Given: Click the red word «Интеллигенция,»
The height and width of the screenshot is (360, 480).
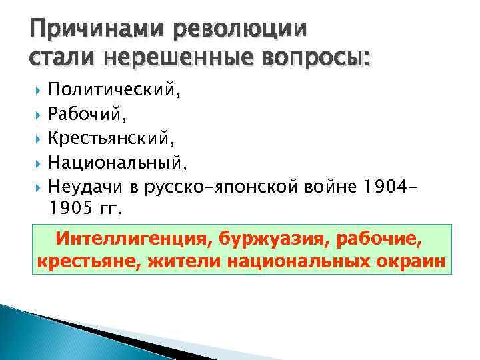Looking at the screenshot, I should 133,238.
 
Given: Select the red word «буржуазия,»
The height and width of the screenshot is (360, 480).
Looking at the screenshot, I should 271,238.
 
